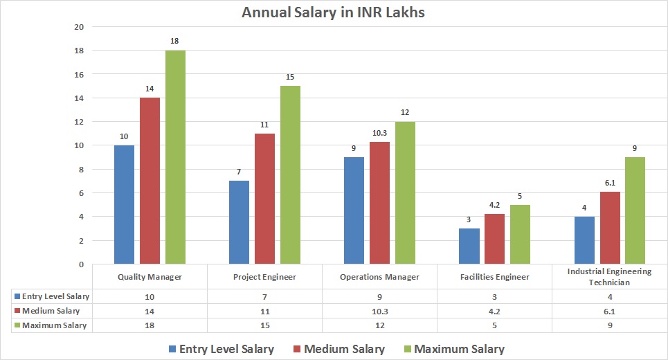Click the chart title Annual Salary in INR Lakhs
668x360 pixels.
click(x=333, y=13)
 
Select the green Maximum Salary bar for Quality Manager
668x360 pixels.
click(x=175, y=157)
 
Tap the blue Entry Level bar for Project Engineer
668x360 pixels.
click(x=238, y=222)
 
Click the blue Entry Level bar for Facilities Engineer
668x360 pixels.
click(x=469, y=246)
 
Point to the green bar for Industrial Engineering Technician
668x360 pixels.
click(x=634, y=210)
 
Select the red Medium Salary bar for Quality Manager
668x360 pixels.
click(x=150, y=181)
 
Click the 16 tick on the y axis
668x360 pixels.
click(x=79, y=74)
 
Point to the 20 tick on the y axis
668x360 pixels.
click(x=79, y=27)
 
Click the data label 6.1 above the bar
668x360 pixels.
click(x=610, y=181)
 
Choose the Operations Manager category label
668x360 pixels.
click(x=379, y=277)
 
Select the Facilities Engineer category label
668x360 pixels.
click(x=495, y=277)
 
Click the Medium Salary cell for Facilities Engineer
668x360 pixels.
click(x=495, y=311)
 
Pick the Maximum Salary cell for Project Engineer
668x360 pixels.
click(x=264, y=325)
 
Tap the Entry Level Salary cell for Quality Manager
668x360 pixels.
click(x=150, y=296)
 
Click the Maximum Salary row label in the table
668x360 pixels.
click(x=53, y=325)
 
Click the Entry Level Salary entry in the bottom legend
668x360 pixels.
click(x=220, y=349)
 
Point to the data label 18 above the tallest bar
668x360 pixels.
click(x=175, y=41)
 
